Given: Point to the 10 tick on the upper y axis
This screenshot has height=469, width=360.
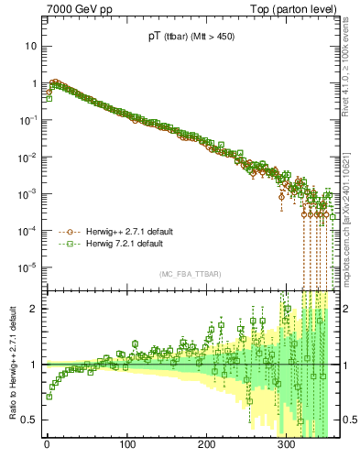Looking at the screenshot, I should pos(28,46).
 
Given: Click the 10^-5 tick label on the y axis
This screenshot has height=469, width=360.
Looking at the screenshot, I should pos(27,267).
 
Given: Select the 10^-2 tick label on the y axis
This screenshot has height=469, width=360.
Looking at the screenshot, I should pos(27,157).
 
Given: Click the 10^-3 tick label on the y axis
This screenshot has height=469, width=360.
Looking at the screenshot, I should pos(27,194).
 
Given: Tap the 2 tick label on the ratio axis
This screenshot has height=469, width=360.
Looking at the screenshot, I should pos(33,308).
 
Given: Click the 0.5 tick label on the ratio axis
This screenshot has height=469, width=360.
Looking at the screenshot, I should pos(29,420).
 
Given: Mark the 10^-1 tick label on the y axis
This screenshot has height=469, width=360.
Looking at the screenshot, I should pos(27,120).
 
